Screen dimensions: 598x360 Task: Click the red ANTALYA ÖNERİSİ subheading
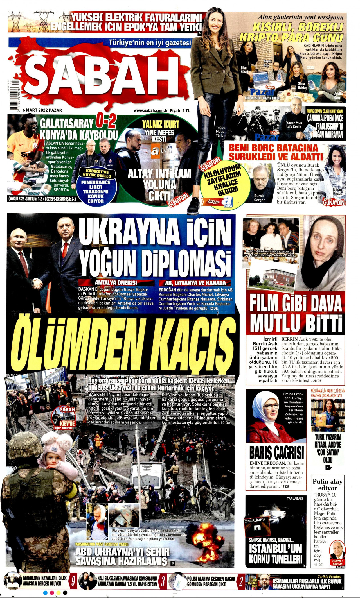point(116,283)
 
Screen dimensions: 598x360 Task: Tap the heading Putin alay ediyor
point(328,484)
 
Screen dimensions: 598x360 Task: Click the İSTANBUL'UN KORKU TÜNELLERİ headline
point(275,554)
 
